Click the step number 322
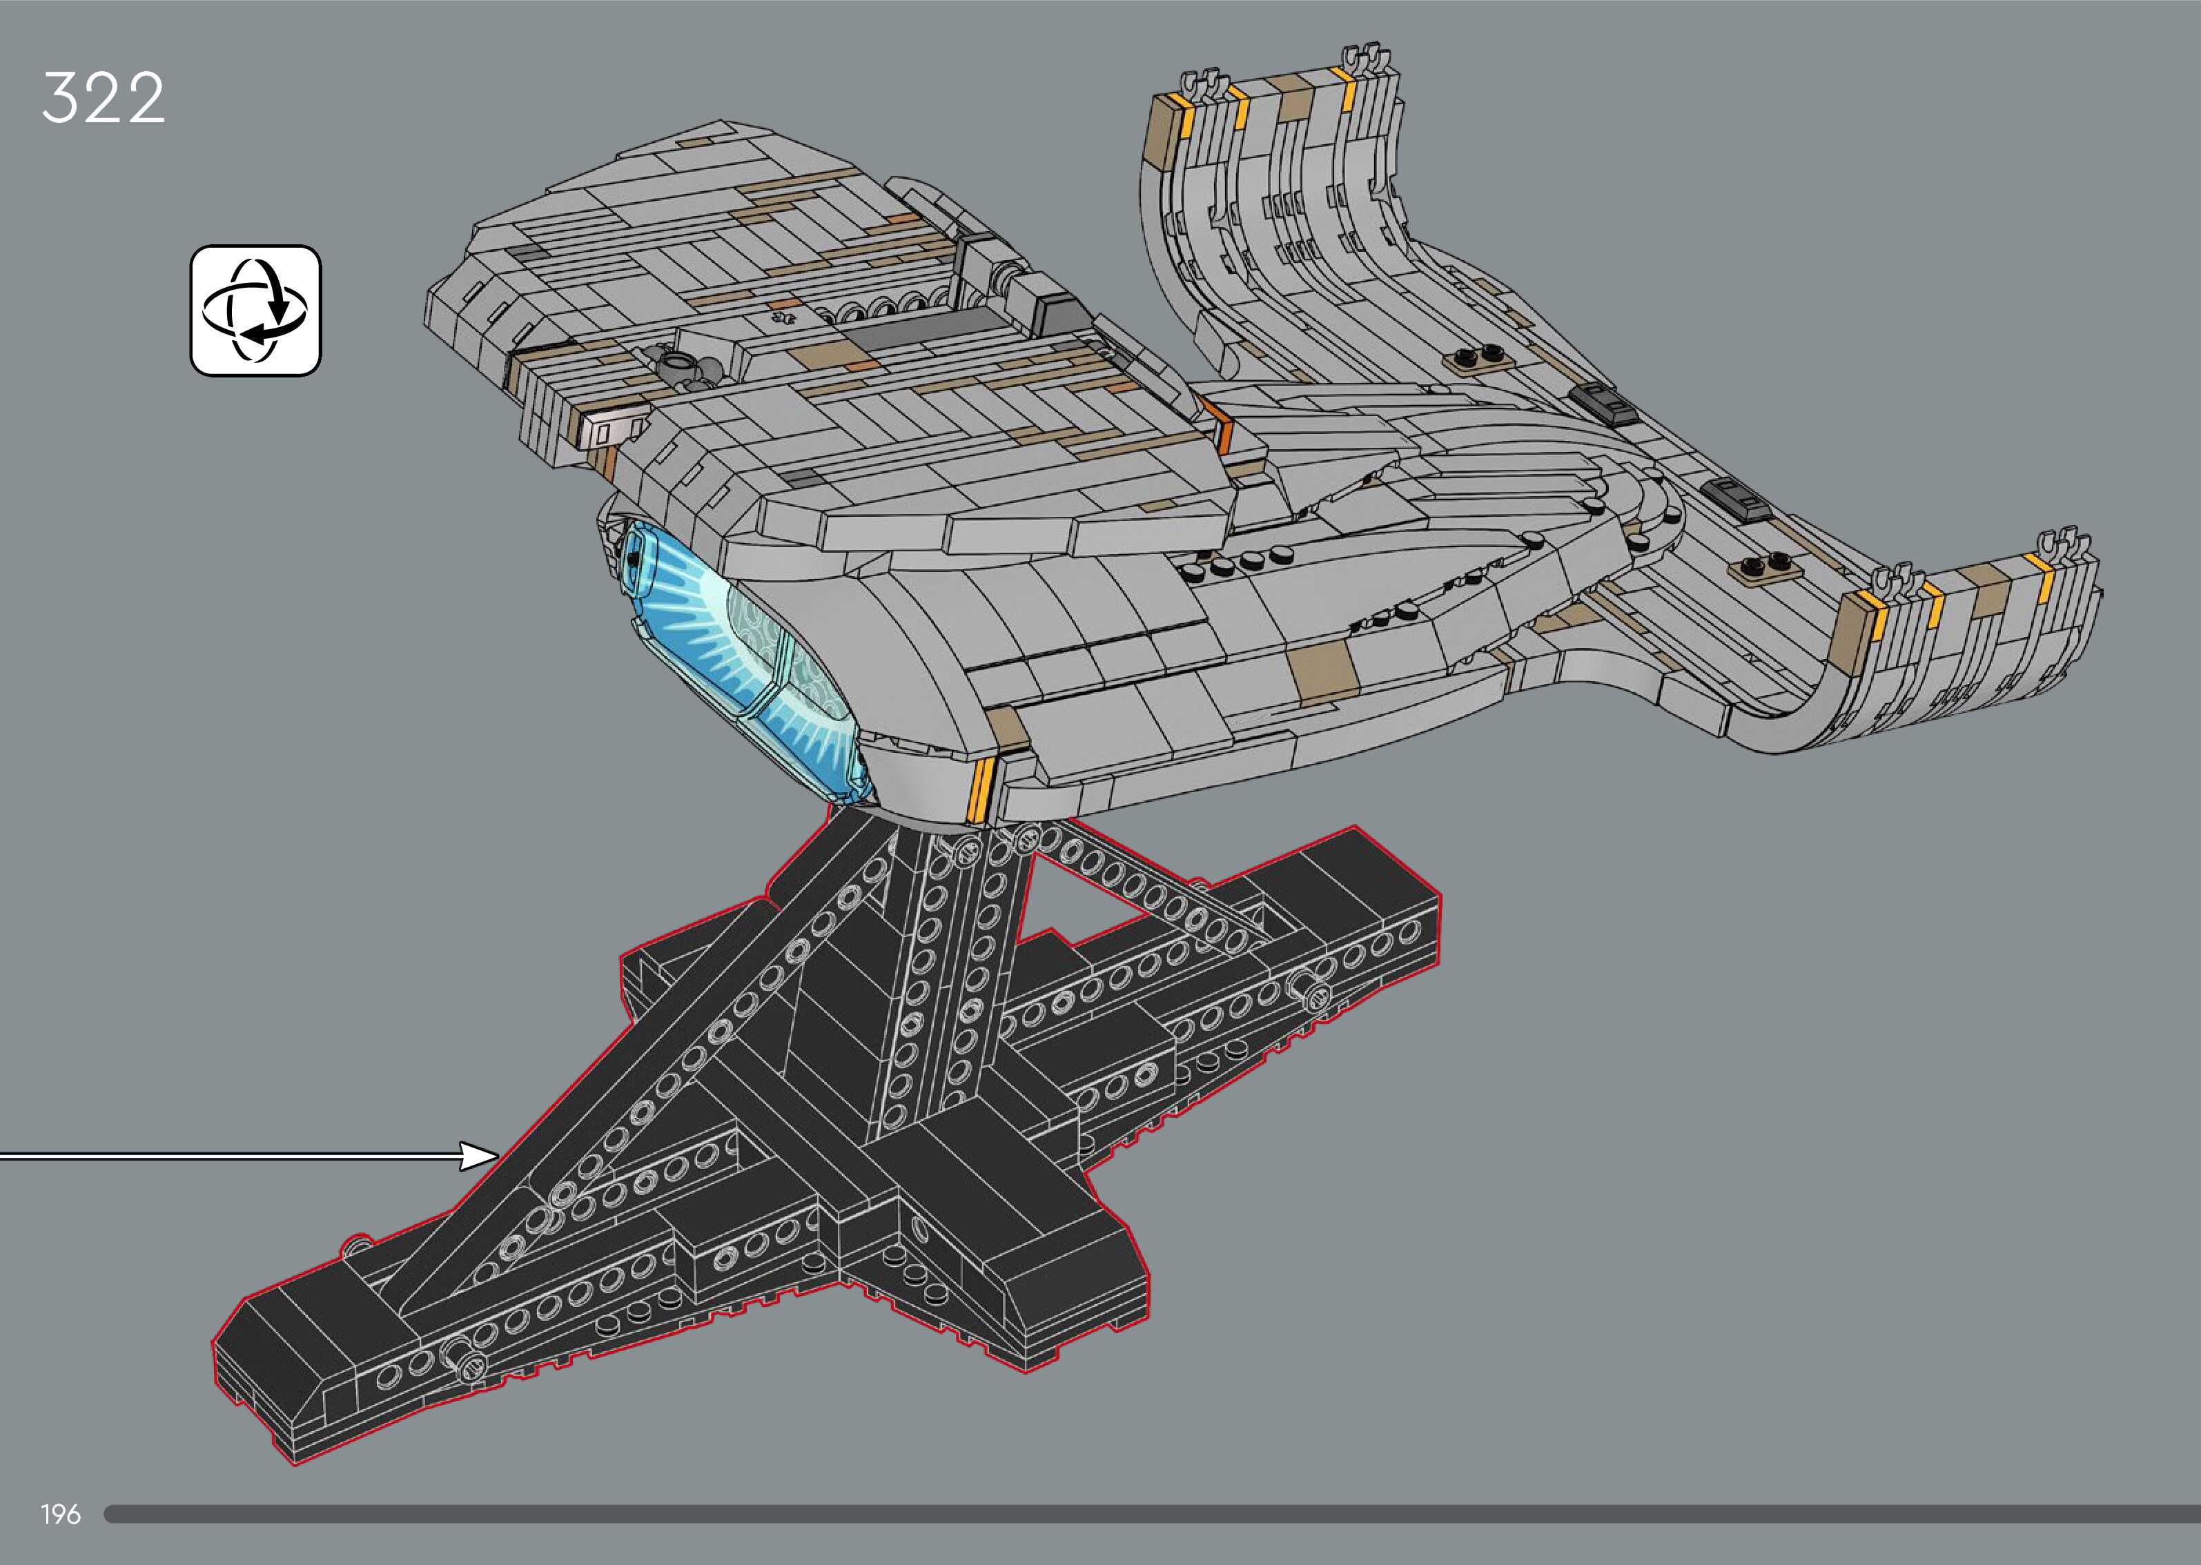(x=103, y=97)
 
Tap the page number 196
(x=61, y=1515)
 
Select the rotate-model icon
(x=255, y=311)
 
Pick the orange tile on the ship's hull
(x=1221, y=424)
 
